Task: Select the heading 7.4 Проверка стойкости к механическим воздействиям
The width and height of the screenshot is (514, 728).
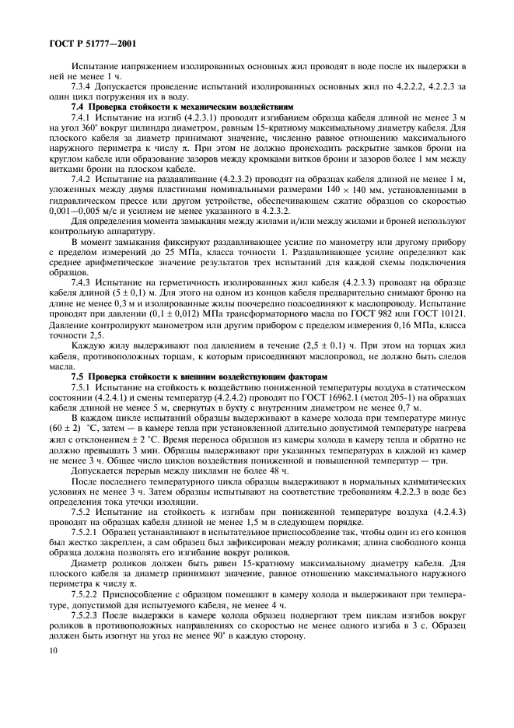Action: click(x=182, y=106)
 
